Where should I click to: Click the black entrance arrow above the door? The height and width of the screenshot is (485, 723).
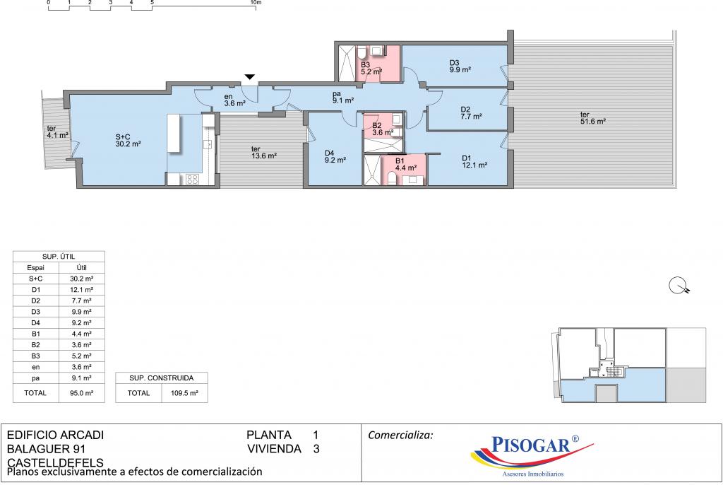point(249,77)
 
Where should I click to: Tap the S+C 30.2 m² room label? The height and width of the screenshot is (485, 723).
point(128,141)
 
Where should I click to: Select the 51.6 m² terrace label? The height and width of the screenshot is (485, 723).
point(593,118)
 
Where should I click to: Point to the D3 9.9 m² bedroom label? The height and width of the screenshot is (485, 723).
point(460,66)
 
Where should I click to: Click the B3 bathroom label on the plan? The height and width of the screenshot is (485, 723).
point(371,69)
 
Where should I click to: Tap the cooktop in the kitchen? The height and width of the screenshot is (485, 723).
point(192,179)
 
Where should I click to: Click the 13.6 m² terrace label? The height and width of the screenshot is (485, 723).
point(264,153)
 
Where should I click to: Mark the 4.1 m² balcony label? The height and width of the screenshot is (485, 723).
point(58,132)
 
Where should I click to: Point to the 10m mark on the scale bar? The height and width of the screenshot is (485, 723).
point(256,2)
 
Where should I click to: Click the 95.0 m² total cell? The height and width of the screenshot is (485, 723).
point(82,393)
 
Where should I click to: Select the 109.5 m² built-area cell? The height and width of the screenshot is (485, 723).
point(184,393)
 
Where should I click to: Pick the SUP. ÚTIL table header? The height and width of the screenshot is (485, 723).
point(59,257)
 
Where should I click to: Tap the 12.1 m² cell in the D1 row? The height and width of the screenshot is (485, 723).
point(82,290)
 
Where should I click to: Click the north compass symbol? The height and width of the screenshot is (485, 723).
point(679,286)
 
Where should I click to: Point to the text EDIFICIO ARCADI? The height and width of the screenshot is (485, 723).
point(55,435)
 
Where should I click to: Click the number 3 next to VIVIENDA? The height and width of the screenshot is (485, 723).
point(316,449)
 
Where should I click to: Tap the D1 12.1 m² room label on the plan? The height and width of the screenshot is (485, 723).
point(474,162)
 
